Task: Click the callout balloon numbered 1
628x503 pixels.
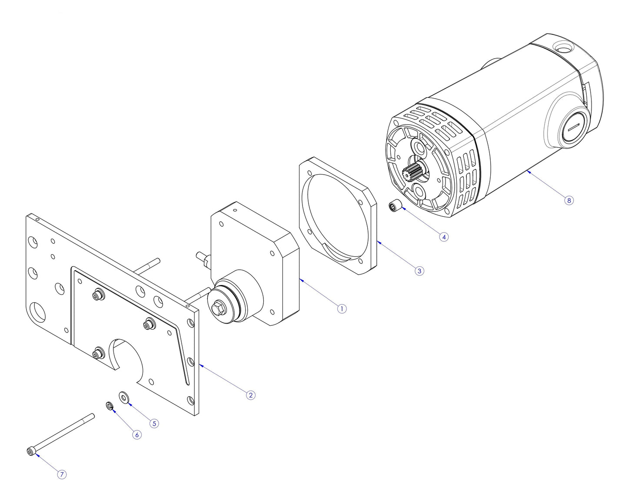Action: pos(342,309)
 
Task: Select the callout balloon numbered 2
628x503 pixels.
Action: pos(250,395)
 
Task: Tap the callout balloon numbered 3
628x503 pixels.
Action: pos(419,271)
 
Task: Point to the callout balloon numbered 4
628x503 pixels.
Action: pos(443,237)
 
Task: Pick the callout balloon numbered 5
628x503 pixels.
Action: pos(154,423)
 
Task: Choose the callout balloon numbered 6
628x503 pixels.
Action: pos(137,435)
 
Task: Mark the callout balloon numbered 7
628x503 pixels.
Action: pos(62,474)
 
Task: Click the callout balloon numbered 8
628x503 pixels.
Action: pos(569,200)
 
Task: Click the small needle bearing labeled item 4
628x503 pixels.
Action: pos(394,205)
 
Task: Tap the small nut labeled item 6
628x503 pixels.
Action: pos(110,406)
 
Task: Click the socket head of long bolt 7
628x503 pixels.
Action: pos(30,452)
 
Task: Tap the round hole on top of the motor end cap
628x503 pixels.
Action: pos(562,46)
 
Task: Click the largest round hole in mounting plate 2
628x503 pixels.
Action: pos(37,311)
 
